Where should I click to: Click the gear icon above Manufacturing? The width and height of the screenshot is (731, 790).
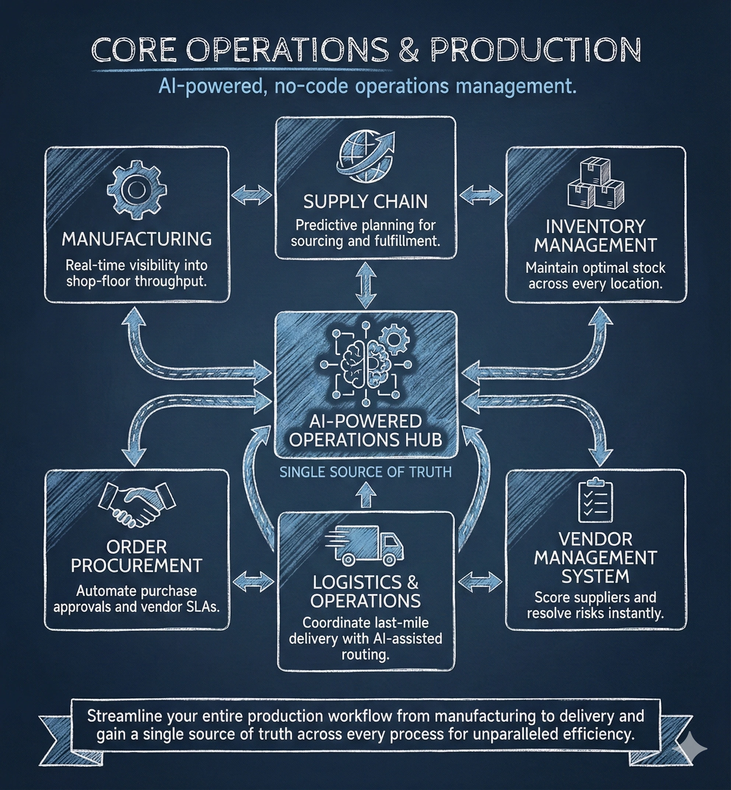coord(136,190)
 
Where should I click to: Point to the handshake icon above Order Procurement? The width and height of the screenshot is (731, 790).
coord(137,505)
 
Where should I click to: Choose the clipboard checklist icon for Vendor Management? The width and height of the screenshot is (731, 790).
coord(595,501)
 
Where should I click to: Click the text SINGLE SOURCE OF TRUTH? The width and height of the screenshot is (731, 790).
coord(365,472)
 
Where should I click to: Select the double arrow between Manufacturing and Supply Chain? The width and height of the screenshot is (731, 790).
coord(252,195)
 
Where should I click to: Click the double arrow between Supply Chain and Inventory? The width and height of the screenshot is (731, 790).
coord(481,195)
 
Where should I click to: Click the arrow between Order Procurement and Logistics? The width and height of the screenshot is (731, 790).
coord(253,581)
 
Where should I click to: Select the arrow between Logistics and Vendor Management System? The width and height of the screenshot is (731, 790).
coord(480,581)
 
